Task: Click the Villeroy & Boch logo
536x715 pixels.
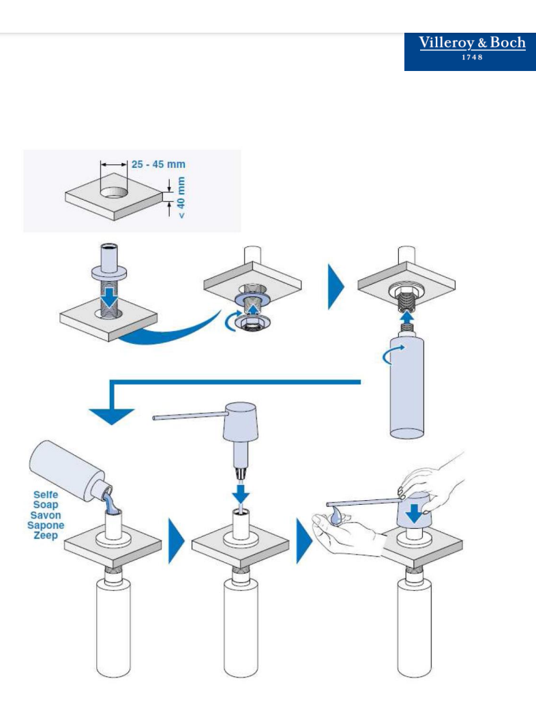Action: tap(470, 52)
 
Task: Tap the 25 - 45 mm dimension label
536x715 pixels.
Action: tap(158, 164)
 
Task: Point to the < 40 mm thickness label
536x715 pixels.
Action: tap(181, 197)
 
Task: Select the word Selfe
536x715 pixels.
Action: tap(46, 495)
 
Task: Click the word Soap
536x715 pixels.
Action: tap(46, 504)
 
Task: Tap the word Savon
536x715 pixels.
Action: tap(46, 515)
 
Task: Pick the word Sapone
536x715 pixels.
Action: tap(46, 525)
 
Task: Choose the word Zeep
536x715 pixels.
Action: tap(46, 535)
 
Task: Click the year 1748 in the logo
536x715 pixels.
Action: tap(472, 57)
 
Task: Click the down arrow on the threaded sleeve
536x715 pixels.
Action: tap(109, 297)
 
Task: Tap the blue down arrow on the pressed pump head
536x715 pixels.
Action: tap(414, 512)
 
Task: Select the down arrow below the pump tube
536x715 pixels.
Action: tap(241, 493)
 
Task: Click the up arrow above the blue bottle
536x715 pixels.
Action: tap(406, 317)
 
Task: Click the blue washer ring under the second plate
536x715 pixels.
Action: tap(251, 298)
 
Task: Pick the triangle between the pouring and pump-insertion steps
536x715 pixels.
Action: tap(177, 541)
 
